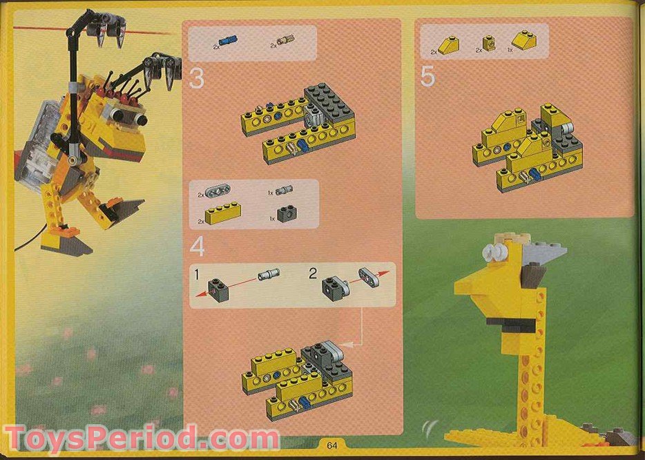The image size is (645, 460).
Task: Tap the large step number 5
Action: click(427, 77)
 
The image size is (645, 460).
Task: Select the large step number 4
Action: click(198, 246)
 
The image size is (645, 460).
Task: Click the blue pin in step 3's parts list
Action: click(225, 42)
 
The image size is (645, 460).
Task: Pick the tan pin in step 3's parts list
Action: click(285, 43)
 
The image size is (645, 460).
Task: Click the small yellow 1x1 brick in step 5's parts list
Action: click(489, 44)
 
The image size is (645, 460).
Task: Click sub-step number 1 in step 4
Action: click(198, 275)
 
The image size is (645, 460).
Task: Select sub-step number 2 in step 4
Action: click(313, 274)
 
